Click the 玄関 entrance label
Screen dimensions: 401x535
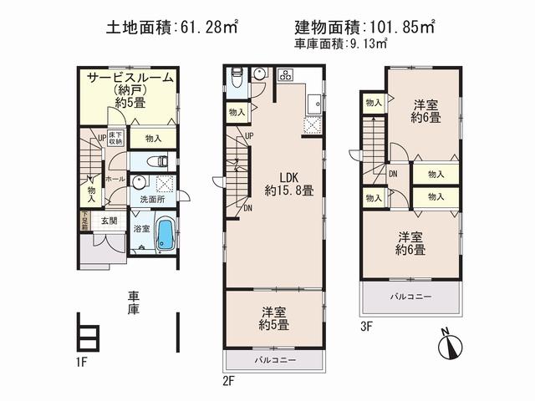click(109, 221)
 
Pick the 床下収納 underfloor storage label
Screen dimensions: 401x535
click(115, 138)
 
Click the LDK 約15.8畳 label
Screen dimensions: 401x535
click(284, 183)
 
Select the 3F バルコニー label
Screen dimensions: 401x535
click(410, 297)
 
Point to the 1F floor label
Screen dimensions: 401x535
click(80, 363)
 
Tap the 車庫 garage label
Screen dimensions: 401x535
click(134, 302)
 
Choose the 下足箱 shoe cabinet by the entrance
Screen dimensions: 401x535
click(85, 222)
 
